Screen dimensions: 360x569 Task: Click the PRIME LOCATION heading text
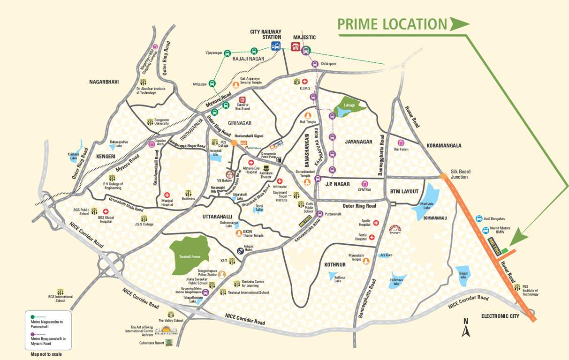click(x=392, y=24)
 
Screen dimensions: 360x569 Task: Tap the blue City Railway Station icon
click(x=276, y=46)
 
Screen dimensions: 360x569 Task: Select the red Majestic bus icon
click(x=296, y=46)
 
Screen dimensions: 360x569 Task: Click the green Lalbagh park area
click(x=352, y=106)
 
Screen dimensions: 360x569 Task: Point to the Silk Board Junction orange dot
click(x=443, y=176)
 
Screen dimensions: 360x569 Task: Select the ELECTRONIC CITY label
click(x=501, y=316)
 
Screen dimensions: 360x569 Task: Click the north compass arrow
click(x=466, y=331)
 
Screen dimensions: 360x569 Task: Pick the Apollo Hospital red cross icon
click(x=376, y=223)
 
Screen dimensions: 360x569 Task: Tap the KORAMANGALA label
click(x=444, y=146)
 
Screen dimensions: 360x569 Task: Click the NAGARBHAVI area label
click(x=104, y=82)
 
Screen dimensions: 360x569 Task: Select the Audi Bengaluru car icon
click(x=479, y=218)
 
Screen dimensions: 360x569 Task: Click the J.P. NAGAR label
click(x=337, y=185)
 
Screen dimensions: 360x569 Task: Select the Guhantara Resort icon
click(x=169, y=342)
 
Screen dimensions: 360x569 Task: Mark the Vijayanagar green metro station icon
click(x=227, y=53)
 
